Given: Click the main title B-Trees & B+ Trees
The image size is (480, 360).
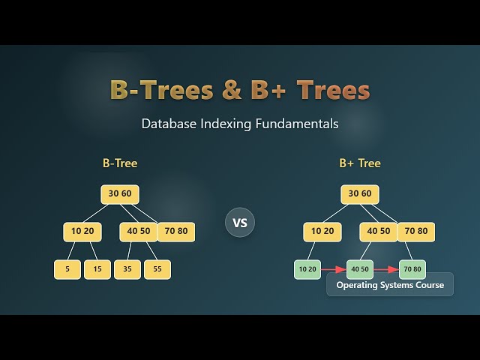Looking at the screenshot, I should pyautogui.click(x=240, y=90).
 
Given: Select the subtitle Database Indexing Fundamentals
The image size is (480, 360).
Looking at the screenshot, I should pyautogui.click(x=240, y=124).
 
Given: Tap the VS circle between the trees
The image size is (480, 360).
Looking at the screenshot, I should pyautogui.click(x=240, y=223).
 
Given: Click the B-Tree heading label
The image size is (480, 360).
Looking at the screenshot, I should pyautogui.click(x=120, y=163).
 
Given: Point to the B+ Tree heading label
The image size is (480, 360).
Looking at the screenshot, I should pyautogui.click(x=360, y=163).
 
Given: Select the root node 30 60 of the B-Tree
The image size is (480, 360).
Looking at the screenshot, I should pyautogui.click(x=120, y=193).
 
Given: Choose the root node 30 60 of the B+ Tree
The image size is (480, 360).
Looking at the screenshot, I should pyautogui.click(x=360, y=193).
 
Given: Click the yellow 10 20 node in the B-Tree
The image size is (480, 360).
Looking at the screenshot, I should pyautogui.click(x=82, y=231).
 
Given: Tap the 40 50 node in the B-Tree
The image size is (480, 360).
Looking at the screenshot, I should pyautogui.click(x=139, y=231).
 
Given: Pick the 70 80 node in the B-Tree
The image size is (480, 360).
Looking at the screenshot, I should pyautogui.click(x=176, y=231).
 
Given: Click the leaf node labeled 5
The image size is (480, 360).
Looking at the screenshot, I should pyautogui.click(x=67, y=268).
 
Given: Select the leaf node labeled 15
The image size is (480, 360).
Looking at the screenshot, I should pyautogui.click(x=97, y=268).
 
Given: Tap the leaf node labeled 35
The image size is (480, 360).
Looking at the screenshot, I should pyautogui.click(x=127, y=268).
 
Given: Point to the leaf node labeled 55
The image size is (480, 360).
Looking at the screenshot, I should pyautogui.click(x=157, y=268).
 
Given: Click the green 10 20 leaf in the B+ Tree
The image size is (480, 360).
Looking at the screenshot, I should pyautogui.click(x=307, y=268).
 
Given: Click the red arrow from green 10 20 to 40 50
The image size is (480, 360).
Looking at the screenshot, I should pyautogui.click(x=334, y=268).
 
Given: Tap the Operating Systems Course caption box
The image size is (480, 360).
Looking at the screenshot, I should pyautogui.click(x=390, y=285).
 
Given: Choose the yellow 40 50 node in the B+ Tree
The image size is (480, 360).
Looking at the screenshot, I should pyautogui.click(x=379, y=231).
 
